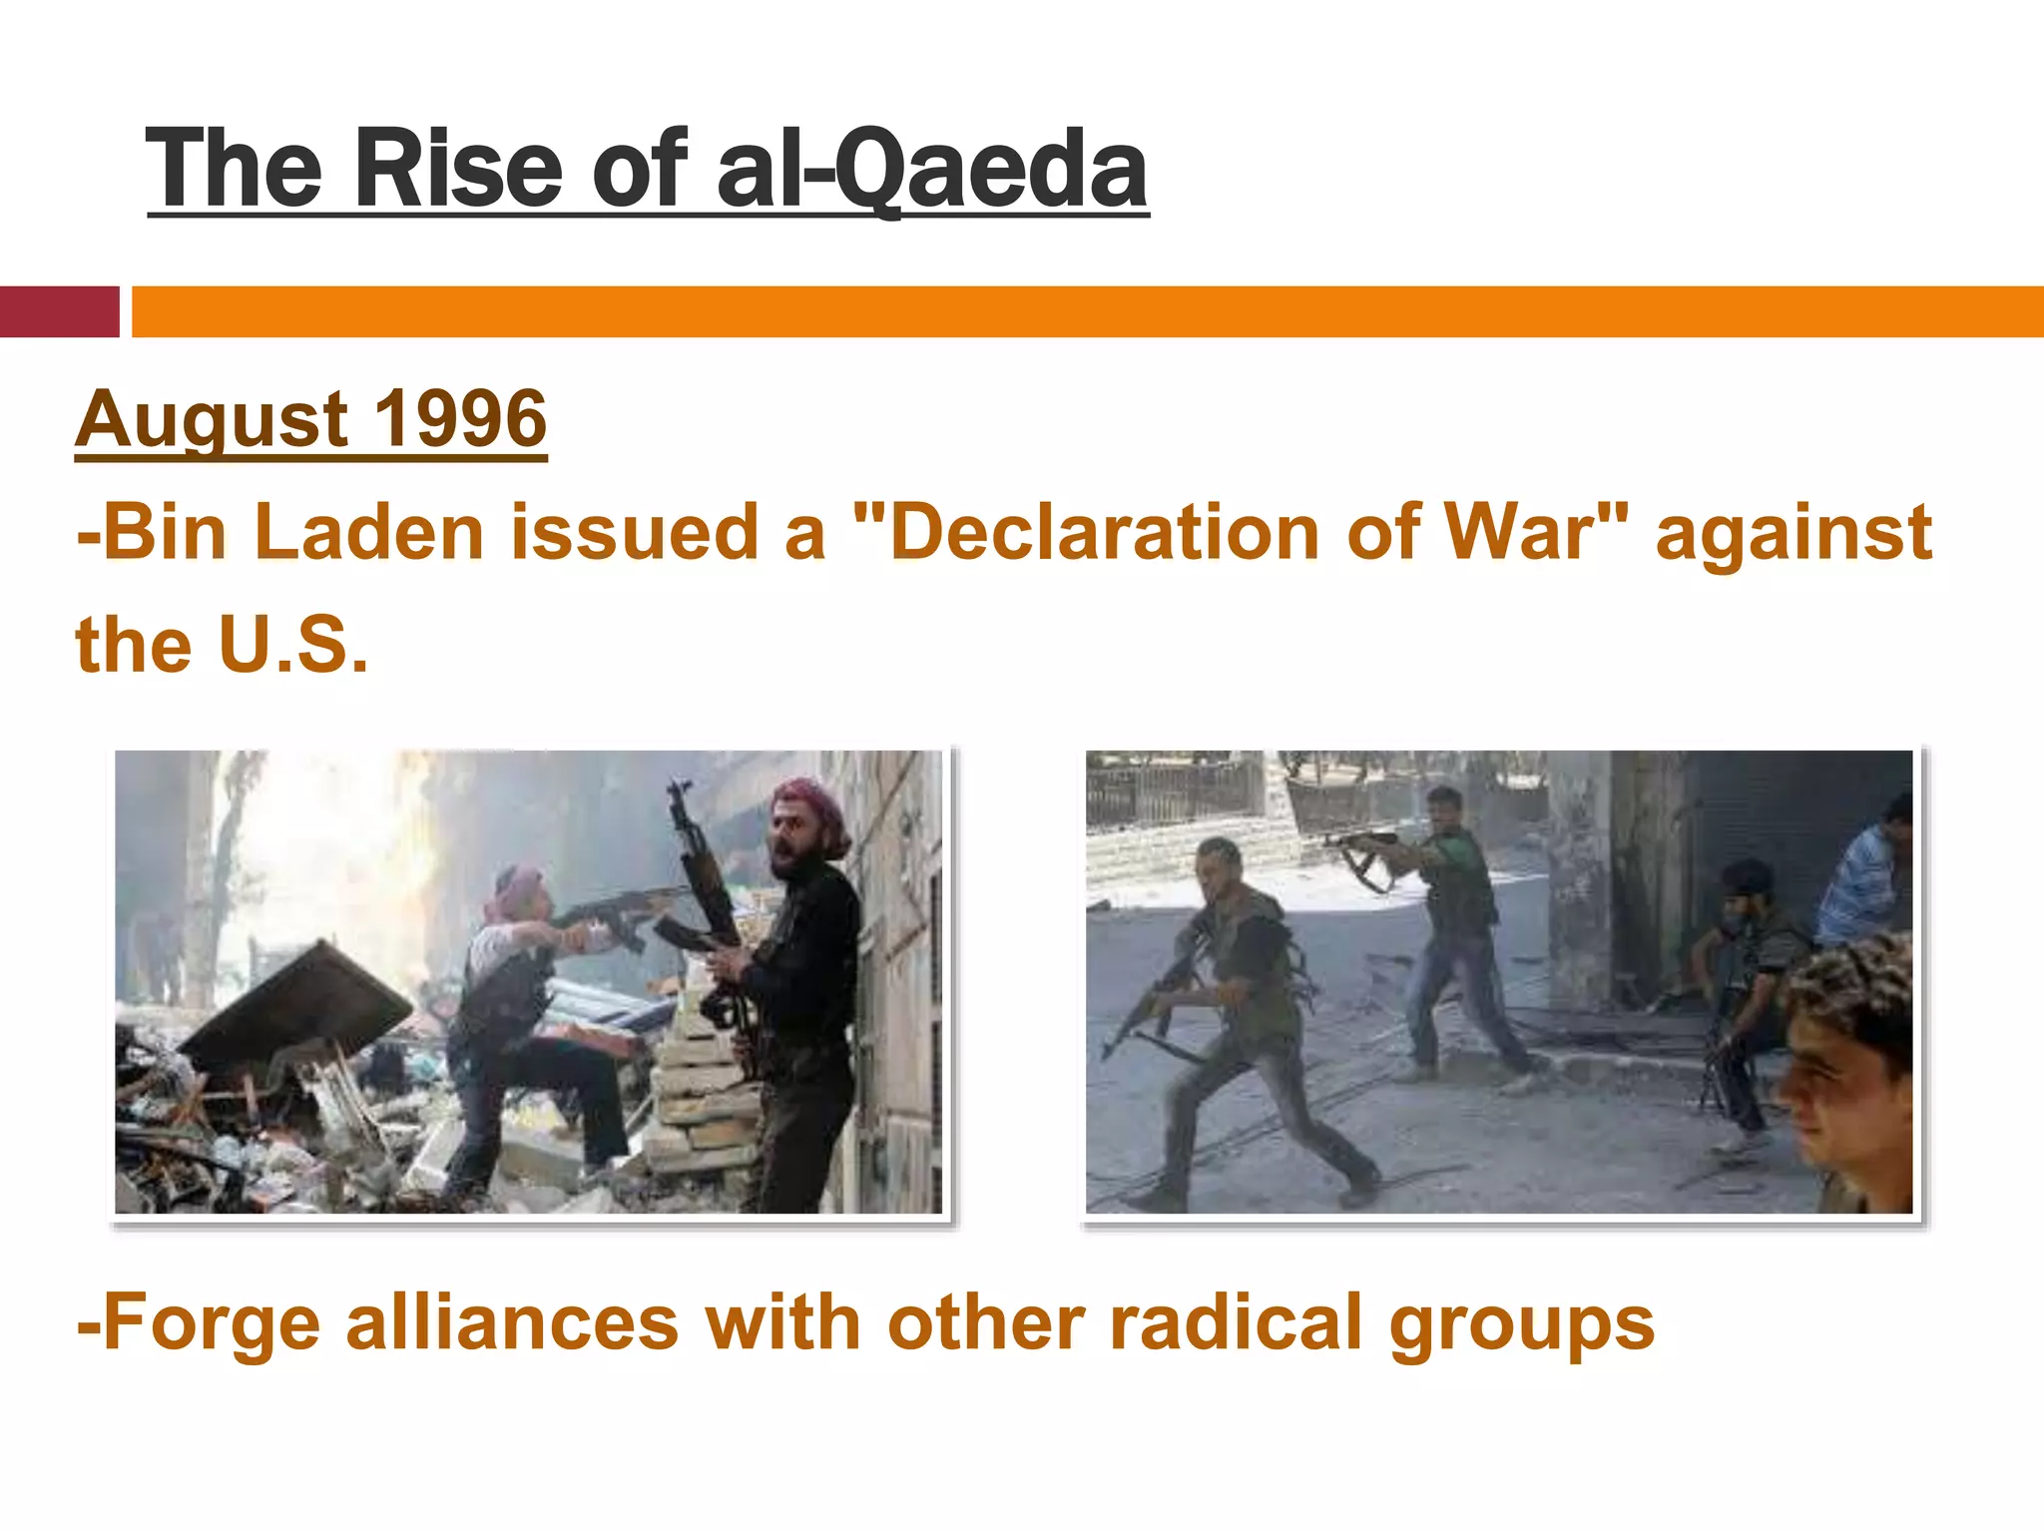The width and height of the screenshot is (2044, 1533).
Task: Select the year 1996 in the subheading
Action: (460, 418)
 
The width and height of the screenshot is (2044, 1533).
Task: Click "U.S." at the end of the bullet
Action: (292, 645)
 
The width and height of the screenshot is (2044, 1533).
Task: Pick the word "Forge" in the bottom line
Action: (212, 1323)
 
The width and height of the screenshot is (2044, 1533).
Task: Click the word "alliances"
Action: (512, 1321)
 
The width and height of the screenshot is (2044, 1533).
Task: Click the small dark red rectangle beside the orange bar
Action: (59, 311)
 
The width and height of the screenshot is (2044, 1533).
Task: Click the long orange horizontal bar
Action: (1087, 311)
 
